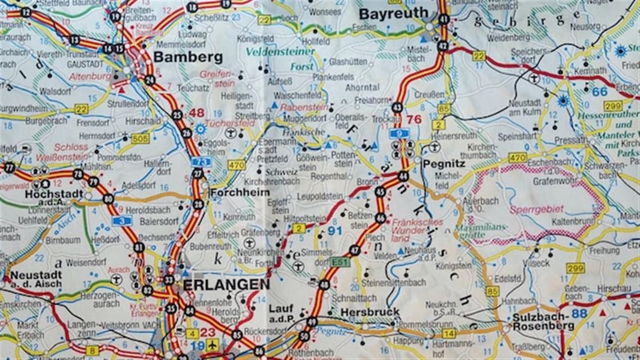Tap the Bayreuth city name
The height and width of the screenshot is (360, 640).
tap(394, 13)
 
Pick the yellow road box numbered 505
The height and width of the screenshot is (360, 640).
tap(140, 139)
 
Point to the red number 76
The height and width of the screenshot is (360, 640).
tap(414, 119)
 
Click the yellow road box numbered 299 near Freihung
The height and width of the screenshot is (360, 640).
tap(575, 268)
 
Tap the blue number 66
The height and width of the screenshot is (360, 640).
tap(599, 92)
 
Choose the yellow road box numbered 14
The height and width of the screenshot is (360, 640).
tap(448, 333)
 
